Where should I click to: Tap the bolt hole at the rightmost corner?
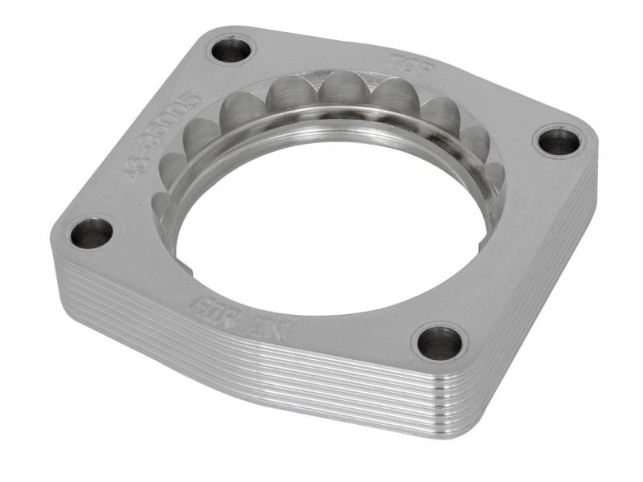(x=558, y=142)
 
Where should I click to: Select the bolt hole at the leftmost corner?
(x=91, y=234)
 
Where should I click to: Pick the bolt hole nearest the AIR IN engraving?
(x=440, y=343)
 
